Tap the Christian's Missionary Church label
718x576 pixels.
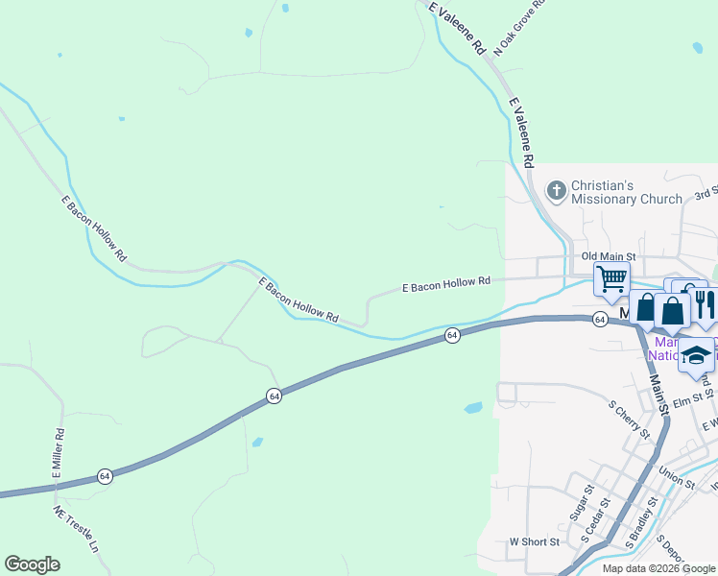627,192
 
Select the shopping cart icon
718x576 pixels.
611,278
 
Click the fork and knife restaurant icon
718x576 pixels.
705,305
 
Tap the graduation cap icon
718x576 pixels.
696,355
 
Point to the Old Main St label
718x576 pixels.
609,256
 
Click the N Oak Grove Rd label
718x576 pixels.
519,27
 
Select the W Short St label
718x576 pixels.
534,541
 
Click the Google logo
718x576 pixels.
32,564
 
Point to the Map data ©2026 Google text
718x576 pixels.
658,568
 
